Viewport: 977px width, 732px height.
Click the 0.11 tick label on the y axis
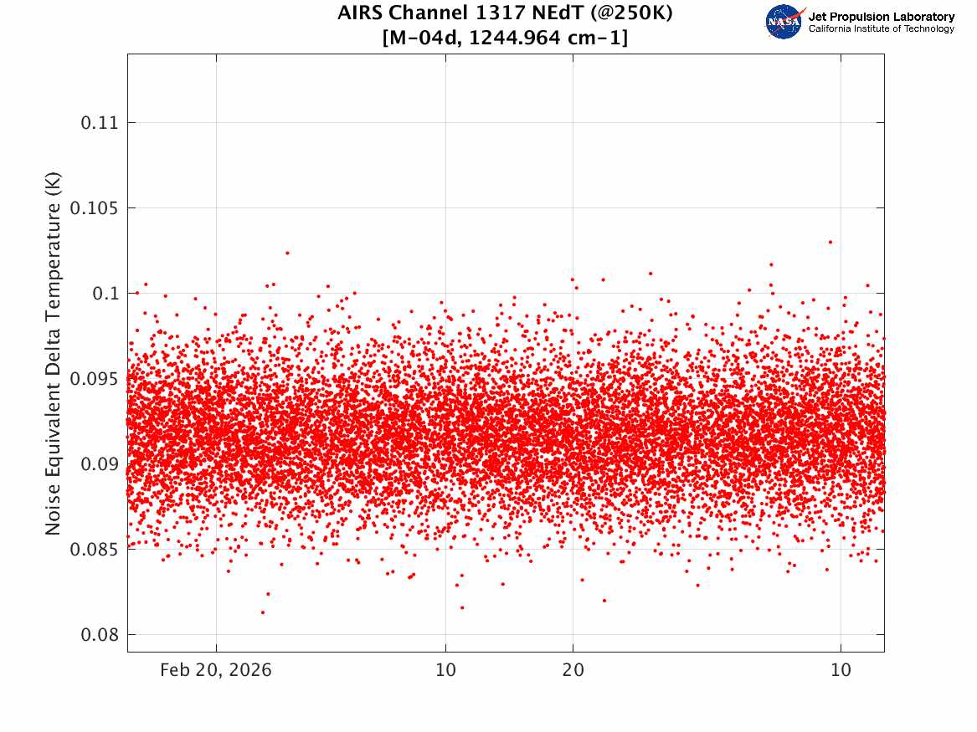coord(99,123)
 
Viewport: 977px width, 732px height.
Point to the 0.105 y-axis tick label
coord(94,208)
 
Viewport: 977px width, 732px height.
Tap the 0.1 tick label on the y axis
coord(105,293)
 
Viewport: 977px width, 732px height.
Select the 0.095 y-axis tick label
coord(94,378)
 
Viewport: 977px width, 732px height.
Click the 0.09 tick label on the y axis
coord(99,463)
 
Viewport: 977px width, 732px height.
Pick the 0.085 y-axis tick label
coord(94,549)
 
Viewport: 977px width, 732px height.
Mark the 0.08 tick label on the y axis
coord(99,634)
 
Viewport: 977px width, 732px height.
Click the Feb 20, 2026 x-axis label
coord(216,670)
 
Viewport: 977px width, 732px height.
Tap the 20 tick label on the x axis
coord(573,670)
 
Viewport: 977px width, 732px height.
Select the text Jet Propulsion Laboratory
coord(881,17)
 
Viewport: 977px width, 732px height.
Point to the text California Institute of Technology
coord(881,28)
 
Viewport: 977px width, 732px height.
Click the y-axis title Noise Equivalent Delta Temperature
coord(53,353)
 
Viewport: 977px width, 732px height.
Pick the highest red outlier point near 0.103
coord(830,242)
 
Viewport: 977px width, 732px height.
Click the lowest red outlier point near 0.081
coord(262,612)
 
